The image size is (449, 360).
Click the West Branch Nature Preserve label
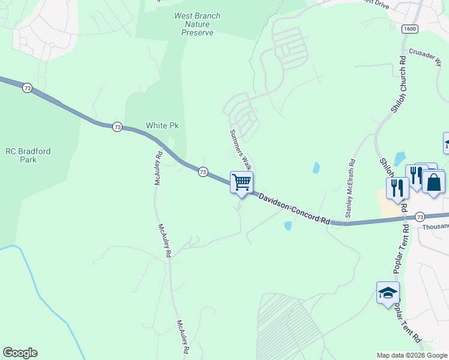click(x=197, y=24)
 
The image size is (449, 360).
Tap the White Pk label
click(x=163, y=126)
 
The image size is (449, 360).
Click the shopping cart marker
click(x=241, y=182)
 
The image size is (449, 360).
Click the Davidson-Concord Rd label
click(x=295, y=208)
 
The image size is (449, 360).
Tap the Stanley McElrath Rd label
click(x=349, y=188)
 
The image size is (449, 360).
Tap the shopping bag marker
click(x=433, y=181)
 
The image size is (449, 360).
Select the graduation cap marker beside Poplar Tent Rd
click(x=388, y=293)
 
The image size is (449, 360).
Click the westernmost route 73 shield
click(x=27, y=88)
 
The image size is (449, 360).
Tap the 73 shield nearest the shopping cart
click(x=203, y=172)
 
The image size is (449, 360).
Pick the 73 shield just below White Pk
click(x=117, y=127)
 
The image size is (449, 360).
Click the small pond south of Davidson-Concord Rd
click(x=288, y=226)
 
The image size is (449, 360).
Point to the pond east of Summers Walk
click(x=316, y=169)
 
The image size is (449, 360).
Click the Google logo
click(x=20, y=353)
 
